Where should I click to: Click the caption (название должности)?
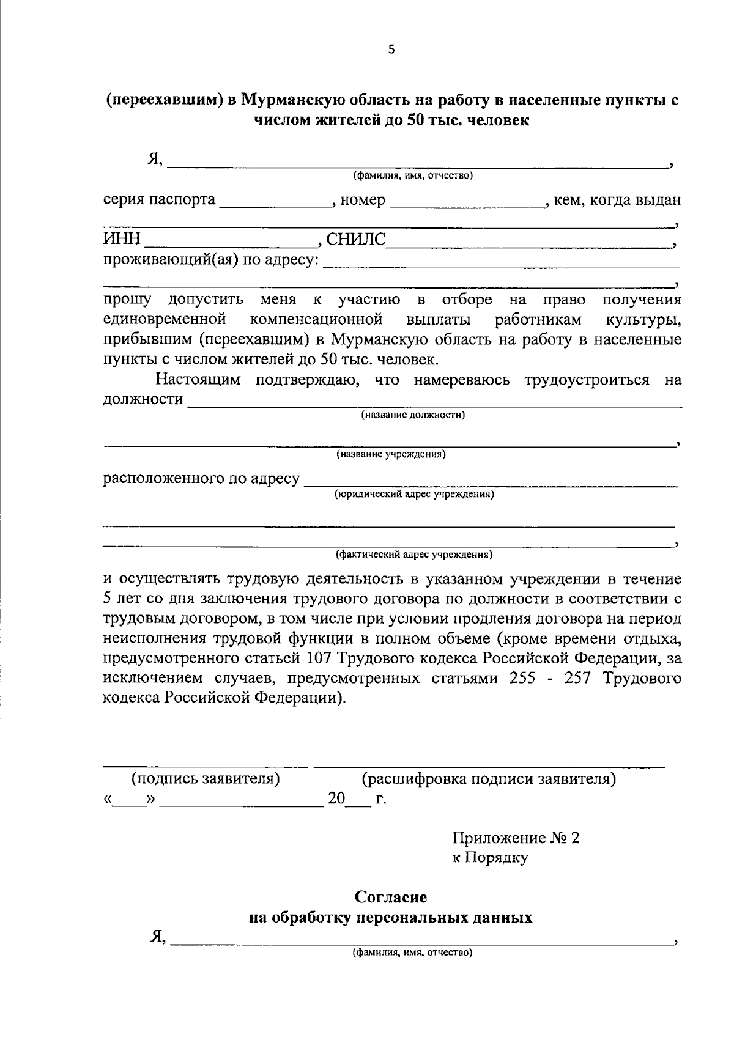coord(413,415)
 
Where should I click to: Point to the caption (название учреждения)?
coord(391,454)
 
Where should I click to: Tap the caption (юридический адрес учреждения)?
coord(413,494)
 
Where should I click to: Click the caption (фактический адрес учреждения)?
coord(413,555)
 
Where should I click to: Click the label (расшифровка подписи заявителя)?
coord(489,779)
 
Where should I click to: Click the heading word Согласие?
coord(391,898)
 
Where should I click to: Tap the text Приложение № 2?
coord(516,838)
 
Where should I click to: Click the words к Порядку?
coord(490,858)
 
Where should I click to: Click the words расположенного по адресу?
coord(201,478)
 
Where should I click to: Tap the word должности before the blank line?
coord(143,399)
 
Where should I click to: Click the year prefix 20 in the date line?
coord(336,798)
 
